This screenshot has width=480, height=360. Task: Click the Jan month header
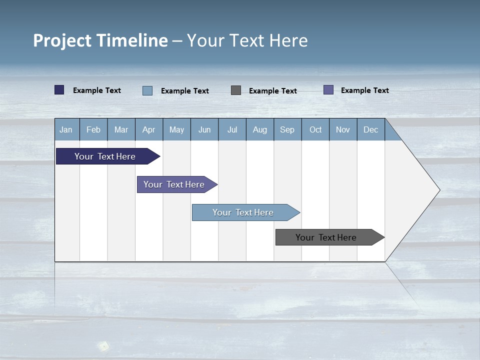(x=66, y=129)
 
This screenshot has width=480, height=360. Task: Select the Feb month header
(x=93, y=129)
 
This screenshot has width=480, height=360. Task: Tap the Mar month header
(x=121, y=129)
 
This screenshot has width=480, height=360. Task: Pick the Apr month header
(x=149, y=129)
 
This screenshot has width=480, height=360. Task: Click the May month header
(x=176, y=129)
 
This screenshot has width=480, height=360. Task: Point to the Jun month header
(x=204, y=129)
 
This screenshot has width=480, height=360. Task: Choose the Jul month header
(x=232, y=129)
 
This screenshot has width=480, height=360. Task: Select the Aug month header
(x=260, y=129)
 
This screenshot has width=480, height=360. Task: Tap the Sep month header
(x=287, y=129)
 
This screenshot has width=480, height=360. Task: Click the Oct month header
(x=315, y=129)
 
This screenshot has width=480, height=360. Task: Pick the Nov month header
(x=343, y=129)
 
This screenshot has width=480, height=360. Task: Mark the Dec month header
(x=371, y=129)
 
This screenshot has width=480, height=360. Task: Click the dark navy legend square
(x=59, y=90)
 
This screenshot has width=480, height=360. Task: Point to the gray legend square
(x=236, y=90)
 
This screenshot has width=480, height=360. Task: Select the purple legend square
(x=328, y=90)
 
